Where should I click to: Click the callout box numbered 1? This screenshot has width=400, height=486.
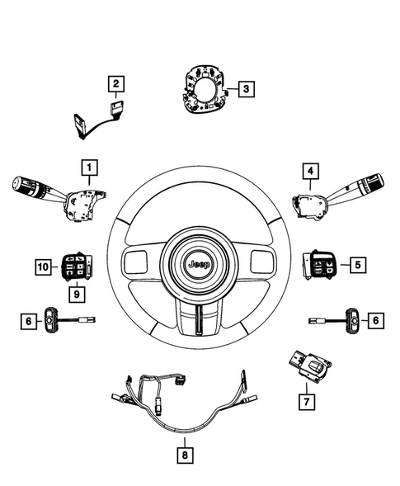[x=86, y=167]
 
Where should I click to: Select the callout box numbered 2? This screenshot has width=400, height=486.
[x=116, y=83]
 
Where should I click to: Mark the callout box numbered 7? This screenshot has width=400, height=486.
[x=308, y=402]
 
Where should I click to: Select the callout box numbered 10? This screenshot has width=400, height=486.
[x=42, y=266]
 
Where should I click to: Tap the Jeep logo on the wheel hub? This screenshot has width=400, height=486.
[x=199, y=266]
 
